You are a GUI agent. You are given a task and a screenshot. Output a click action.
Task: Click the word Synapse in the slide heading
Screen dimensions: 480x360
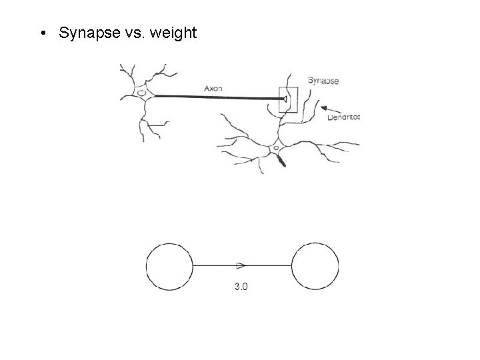85,33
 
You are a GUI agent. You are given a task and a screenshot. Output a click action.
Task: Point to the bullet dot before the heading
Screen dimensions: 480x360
42,33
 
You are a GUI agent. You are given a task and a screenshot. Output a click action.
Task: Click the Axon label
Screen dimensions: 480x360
213,87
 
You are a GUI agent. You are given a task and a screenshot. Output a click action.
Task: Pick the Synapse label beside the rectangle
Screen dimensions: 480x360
323,81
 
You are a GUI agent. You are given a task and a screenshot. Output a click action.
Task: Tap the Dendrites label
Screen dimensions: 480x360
344,117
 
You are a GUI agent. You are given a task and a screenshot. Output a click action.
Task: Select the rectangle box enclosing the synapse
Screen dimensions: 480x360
288,100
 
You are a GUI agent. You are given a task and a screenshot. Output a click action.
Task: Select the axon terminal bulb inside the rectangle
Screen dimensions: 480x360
285,100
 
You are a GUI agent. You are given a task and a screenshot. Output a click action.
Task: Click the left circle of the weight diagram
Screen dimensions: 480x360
169,266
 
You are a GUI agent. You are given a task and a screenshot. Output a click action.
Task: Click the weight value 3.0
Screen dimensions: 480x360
241,287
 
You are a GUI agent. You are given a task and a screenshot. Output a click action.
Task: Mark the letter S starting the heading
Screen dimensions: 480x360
63,33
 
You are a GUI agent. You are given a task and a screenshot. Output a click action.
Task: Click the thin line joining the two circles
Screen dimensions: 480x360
213,265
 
